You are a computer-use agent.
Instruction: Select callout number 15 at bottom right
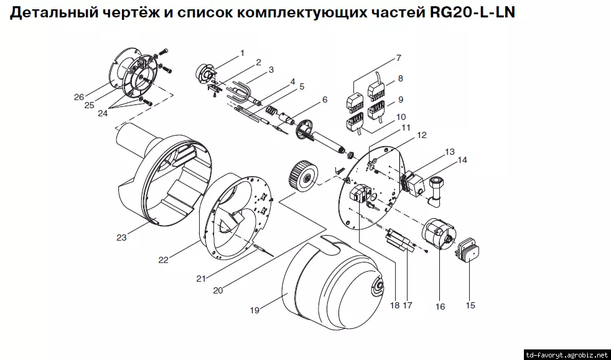(470, 305)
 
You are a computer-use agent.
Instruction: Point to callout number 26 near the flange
(78, 97)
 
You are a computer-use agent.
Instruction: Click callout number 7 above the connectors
(398, 58)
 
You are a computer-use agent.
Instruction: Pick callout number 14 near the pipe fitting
(462, 160)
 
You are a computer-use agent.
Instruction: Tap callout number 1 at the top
(242, 52)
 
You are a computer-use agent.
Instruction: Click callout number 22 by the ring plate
(163, 260)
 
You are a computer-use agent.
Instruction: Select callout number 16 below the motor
(441, 306)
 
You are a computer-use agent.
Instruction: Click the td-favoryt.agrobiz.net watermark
(566, 354)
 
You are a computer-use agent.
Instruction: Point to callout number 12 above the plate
(421, 134)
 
